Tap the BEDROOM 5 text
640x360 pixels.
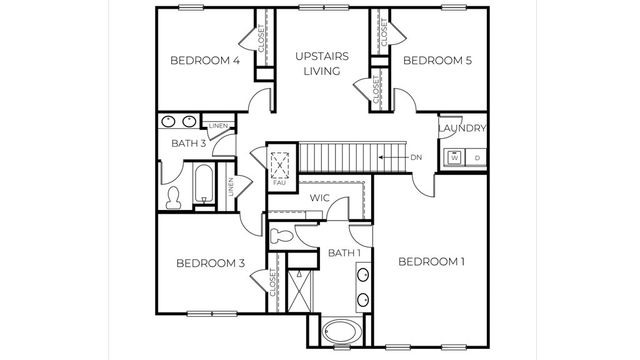tap(437, 61)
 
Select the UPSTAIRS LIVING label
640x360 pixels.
tap(322, 63)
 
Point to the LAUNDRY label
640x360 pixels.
tap(462, 129)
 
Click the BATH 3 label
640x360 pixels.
tap(188, 144)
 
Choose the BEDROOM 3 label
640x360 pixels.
tap(210, 264)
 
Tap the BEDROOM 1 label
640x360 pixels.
tap(432, 262)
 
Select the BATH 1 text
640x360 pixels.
tap(344, 254)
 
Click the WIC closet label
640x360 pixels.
tap(319, 199)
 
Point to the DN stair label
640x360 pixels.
tap(418, 158)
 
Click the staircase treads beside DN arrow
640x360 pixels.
tap(340, 158)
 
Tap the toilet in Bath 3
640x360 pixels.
tap(173, 198)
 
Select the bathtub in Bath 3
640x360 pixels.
tap(202, 187)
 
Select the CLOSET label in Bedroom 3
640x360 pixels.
tap(273, 286)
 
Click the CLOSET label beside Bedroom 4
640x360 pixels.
tap(261, 41)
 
